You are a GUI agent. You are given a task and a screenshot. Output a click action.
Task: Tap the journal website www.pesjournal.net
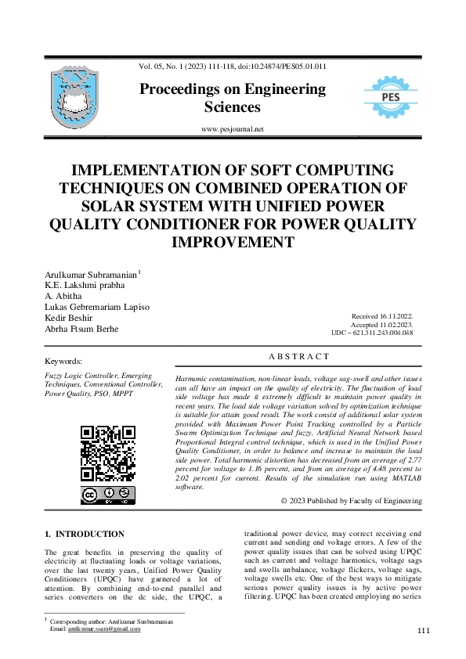point(233,129)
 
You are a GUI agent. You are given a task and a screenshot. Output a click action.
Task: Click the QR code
point(107,453)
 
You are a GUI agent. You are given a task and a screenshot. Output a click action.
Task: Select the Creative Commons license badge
point(107,495)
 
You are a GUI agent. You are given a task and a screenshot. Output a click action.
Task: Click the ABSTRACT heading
point(299,357)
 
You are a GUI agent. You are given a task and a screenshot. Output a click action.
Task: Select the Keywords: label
point(64,362)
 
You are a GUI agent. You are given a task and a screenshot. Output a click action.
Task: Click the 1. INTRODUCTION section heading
point(85,534)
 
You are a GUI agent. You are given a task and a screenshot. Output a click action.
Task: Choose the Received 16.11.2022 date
point(384,316)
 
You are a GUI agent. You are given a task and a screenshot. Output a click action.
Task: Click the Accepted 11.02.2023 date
point(385,324)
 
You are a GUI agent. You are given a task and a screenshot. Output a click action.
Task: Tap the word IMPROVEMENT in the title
point(233,241)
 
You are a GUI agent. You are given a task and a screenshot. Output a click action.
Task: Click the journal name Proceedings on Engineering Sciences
point(233,98)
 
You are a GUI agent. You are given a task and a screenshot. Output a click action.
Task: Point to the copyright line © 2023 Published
point(351,501)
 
